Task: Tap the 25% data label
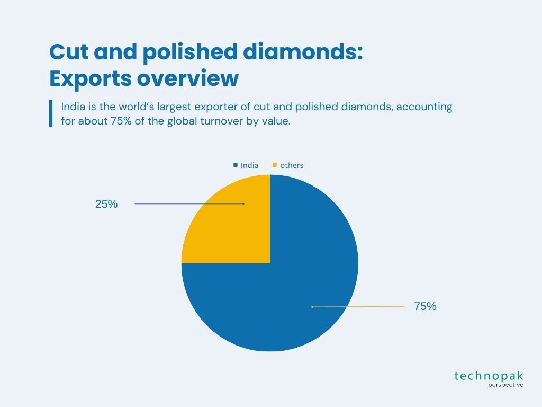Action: [x=106, y=204]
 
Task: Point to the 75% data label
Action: [x=425, y=306]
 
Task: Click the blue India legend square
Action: [x=236, y=165]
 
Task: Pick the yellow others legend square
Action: [x=275, y=165]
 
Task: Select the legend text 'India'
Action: [x=250, y=165]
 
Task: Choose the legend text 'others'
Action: [x=292, y=165]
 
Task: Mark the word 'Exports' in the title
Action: [x=91, y=78]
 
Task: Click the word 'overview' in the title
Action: [x=188, y=78]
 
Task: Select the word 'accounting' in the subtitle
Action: [x=424, y=107]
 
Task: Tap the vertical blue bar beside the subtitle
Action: [x=51, y=113]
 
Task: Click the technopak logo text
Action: [x=489, y=376]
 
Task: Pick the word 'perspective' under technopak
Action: [x=505, y=385]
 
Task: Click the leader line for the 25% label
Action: [x=189, y=204]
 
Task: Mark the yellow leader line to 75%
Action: [x=358, y=307]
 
